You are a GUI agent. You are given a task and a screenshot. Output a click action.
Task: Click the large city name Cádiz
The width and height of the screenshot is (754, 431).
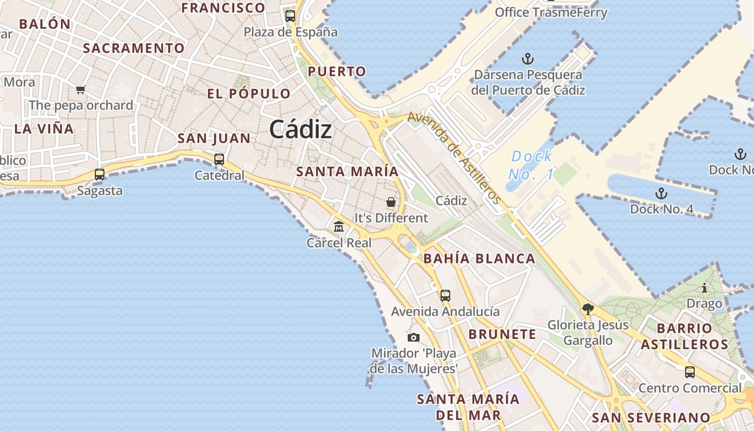(300, 129)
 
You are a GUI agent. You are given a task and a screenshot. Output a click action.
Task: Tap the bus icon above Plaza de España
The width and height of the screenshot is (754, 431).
(290, 16)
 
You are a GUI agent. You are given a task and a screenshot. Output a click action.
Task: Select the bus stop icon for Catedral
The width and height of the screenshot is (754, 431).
(219, 159)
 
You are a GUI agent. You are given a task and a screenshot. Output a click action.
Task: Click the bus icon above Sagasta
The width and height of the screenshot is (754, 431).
(100, 175)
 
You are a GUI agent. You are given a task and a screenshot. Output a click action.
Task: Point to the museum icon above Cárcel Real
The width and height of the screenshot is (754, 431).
(339, 226)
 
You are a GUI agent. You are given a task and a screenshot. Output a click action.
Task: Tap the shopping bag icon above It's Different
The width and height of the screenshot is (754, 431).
(391, 202)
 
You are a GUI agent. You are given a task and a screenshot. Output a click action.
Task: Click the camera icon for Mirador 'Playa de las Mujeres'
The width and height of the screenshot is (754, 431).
(413, 337)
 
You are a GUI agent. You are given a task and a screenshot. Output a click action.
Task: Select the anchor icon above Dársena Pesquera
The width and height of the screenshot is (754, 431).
(528, 59)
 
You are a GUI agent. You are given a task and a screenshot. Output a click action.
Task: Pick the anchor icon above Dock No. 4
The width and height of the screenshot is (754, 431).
(661, 193)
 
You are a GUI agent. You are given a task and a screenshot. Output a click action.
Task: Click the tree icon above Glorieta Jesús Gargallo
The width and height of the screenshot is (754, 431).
(588, 309)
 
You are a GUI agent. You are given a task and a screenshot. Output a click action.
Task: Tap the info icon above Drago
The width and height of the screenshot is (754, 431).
(704, 288)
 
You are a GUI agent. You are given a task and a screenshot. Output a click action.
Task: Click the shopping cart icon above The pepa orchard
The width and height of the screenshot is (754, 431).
(81, 89)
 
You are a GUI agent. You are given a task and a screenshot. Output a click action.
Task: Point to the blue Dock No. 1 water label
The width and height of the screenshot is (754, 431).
(532, 165)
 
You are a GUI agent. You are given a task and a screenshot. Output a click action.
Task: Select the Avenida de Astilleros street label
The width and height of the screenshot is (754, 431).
(455, 158)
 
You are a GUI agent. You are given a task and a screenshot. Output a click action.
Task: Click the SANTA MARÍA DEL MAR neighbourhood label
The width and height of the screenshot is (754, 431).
(468, 407)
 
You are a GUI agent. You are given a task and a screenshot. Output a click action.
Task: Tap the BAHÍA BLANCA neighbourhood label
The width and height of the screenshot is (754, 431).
(479, 259)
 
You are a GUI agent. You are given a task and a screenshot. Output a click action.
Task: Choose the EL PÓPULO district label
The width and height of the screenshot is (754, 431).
(249, 94)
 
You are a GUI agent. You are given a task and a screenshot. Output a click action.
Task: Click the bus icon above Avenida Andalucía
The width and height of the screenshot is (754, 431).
(445, 295)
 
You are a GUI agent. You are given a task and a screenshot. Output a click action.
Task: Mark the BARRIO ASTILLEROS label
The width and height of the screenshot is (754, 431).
(684, 336)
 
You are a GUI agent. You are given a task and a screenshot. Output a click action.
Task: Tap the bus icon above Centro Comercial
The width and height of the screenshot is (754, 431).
(689, 372)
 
